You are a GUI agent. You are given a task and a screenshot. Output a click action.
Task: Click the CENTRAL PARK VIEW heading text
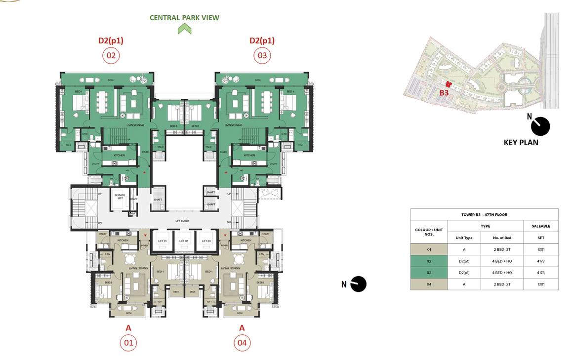[184, 18]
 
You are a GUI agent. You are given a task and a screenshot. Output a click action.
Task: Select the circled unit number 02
[111, 55]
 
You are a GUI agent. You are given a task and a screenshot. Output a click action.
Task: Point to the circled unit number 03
[262, 55]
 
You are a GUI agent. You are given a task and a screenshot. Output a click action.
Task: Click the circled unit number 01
[128, 342]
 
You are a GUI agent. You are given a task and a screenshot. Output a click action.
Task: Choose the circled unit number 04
[242, 342]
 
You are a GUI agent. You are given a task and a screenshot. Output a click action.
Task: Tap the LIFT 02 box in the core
[184, 240]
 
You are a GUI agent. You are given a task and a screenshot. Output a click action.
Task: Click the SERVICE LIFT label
[120, 196]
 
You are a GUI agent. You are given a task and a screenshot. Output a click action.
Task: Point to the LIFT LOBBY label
[182, 221]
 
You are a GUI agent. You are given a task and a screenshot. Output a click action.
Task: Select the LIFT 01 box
[163, 240]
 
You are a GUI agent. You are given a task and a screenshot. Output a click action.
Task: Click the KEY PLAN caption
[521, 142]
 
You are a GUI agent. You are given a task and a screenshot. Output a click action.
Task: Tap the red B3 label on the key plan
[444, 92]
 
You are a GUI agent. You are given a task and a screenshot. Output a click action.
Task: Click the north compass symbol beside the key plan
[540, 126]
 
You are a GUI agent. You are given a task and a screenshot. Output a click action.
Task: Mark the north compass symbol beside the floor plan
[358, 284]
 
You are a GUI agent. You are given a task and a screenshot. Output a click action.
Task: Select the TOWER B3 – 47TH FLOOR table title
[484, 215]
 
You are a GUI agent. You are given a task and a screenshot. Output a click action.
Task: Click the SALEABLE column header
[541, 226]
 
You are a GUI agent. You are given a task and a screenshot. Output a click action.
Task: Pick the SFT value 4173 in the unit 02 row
[541, 261]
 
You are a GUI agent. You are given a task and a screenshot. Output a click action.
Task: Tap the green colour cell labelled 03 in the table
[429, 273]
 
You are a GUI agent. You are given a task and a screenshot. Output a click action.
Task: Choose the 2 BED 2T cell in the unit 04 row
[501, 284]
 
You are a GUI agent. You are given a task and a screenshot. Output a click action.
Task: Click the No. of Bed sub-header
[501, 238]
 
